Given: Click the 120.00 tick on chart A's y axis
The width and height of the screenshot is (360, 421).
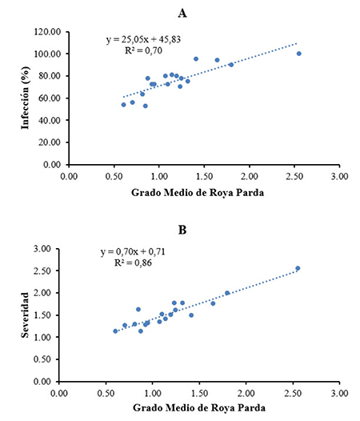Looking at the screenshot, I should pos(50,32).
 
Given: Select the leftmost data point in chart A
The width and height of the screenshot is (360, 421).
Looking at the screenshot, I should pos(123,105).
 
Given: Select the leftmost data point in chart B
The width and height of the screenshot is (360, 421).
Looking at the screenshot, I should pos(115,331).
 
